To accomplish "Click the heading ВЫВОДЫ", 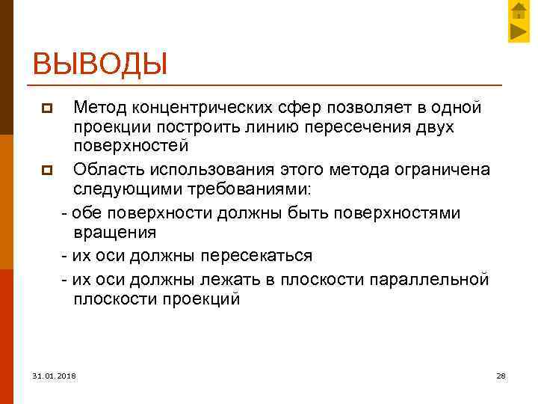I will [99, 63].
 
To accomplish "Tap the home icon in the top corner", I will [519, 11].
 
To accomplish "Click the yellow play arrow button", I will [519, 32].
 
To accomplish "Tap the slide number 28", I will [501, 376].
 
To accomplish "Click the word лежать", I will [232, 280].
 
